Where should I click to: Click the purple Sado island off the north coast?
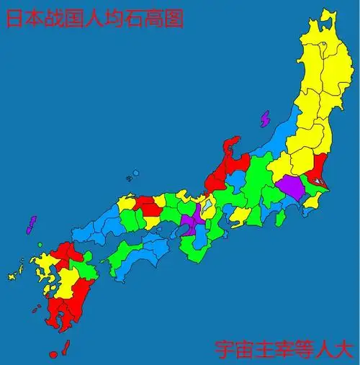[264, 117]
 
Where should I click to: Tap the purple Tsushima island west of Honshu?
[30, 224]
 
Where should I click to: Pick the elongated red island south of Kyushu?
[64, 347]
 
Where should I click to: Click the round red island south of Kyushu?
[53, 354]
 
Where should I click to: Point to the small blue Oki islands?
[133, 174]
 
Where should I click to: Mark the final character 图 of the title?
[174, 17]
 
